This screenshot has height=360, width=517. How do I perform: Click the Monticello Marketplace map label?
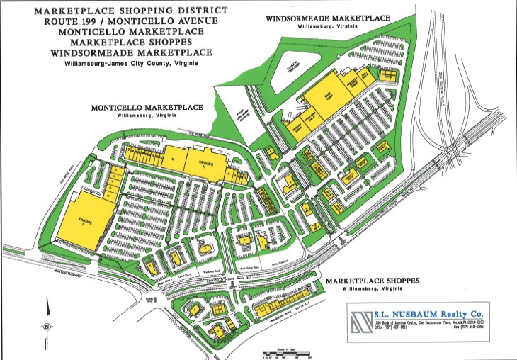(147, 108)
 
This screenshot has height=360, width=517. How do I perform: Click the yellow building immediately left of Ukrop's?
(173, 159)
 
